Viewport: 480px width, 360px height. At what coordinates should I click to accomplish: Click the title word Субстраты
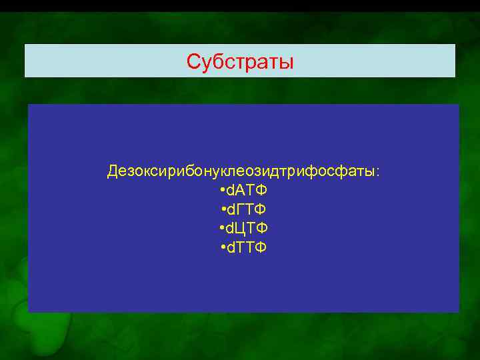click(240, 62)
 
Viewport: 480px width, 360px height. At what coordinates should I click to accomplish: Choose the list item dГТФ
click(246, 210)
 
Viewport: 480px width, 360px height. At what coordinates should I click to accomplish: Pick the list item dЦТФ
click(246, 229)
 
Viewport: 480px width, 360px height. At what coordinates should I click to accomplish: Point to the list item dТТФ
click(246, 248)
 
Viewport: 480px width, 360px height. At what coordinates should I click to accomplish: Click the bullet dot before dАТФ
click(221, 191)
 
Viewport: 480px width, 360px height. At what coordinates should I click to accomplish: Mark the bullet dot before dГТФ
click(221, 211)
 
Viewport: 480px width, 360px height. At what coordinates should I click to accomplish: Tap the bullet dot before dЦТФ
click(221, 229)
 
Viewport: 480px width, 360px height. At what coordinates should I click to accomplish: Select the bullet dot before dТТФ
click(221, 249)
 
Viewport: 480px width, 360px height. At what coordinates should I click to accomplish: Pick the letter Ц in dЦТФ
click(241, 229)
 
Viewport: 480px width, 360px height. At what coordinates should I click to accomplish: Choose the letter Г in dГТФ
click(241, 210)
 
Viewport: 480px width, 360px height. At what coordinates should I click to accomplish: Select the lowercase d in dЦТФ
click(230, 229)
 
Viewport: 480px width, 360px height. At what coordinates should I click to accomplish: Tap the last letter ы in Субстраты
click(287, 63)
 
